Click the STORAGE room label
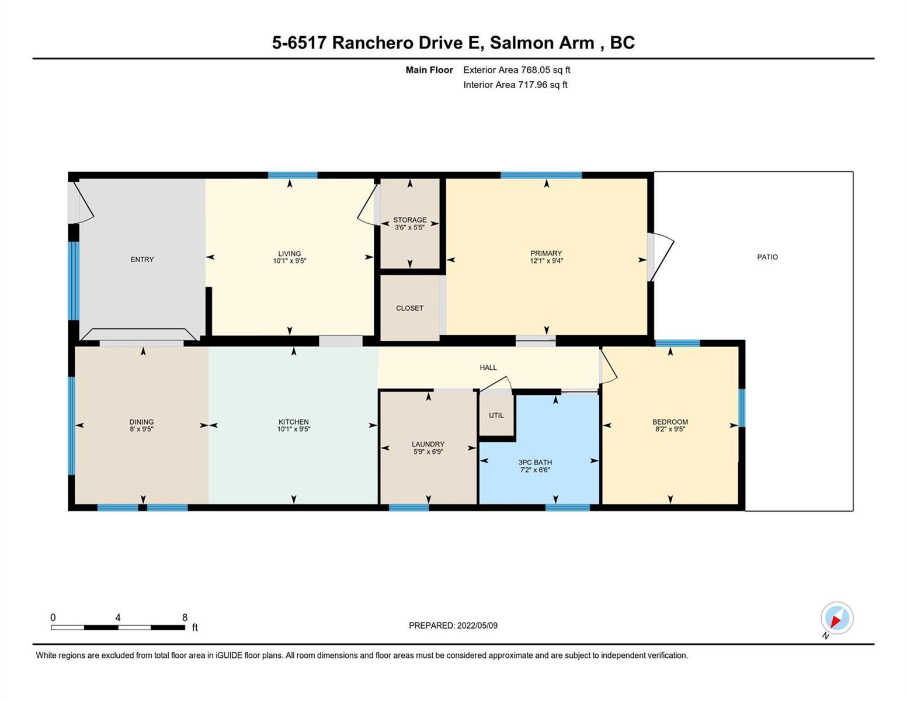(409, 220)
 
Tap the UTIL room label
(496, 415)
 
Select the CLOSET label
(409, 308)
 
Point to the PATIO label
(767, 257)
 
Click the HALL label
(488, 367)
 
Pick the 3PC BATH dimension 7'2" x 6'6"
(535, 470)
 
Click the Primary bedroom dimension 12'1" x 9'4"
(546, 261)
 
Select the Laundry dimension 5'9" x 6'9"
(428, 452)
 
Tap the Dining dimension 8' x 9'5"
(141, 429)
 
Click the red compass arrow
(836, 621)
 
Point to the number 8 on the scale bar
(185, 617)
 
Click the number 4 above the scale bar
(118, 617)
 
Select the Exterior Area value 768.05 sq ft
(545, 70)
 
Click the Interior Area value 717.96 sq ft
(543, 85)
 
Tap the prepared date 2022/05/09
(477, 626)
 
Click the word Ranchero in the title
(372, 43)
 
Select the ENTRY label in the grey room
(142, 260)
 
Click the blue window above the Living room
(292, 175)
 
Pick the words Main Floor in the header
(429, 70)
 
